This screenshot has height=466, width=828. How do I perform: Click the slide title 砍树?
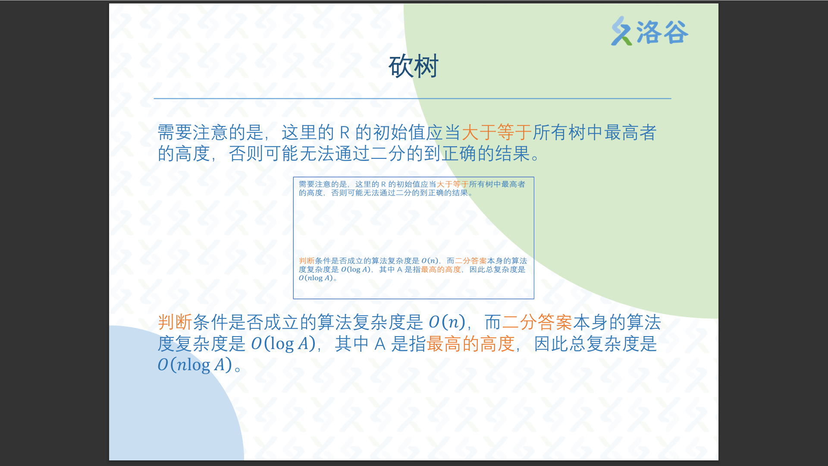click(414, 66)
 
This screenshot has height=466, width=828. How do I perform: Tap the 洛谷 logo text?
click(663, 32)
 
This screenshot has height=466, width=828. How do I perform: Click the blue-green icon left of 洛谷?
click(621, 31)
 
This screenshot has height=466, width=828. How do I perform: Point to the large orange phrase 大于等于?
click(496, 132)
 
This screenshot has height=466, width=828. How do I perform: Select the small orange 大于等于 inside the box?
click(452, 184)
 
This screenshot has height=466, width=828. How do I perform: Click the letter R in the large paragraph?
click(345, 133)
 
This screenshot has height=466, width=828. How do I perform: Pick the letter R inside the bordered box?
click(383, 185)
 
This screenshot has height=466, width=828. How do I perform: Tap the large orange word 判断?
click(175, 322)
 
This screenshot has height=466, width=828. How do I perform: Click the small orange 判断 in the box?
click(307, 261)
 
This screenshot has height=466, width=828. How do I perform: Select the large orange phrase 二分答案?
click(537, 322)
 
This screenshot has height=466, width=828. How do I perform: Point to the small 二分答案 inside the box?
click(471, 261)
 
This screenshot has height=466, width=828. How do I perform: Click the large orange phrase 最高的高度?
click(471, 344)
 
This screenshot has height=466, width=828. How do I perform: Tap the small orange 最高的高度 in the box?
click(441, 269)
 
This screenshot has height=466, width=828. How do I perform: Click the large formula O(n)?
click(447, 322)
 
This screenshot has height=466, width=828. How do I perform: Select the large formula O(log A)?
click(283, 344)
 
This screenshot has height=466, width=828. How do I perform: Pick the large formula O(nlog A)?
click(195, 365)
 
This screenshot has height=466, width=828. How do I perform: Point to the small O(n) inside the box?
click(430, 261)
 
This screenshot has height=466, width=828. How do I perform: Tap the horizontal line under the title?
click(413, 98)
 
